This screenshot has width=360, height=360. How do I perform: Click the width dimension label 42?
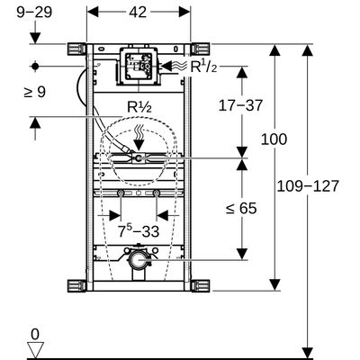click(138, 13)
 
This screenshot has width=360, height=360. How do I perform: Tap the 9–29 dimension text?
click(34, 13)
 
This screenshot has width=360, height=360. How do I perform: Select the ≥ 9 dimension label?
click(35, 92)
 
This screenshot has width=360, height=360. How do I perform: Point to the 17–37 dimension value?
click(240, 105)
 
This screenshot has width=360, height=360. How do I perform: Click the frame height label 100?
click(274, 139)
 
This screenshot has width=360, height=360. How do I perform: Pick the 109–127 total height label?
click(308, 186)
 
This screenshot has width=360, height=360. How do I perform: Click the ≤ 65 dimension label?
click(241, 208)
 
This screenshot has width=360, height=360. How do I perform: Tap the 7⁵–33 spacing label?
click(139, 231)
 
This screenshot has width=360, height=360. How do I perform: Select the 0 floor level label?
click(35, 334)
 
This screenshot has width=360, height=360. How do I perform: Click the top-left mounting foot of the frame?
click(76, 49)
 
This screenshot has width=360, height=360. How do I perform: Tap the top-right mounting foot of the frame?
click(201, 49)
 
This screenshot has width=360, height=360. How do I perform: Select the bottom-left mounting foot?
click(76, 286)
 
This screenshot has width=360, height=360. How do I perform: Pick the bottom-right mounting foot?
click(201, 286)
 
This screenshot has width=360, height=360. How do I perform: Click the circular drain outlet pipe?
click(138, 260)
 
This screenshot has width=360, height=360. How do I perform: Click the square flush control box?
click(139, 66)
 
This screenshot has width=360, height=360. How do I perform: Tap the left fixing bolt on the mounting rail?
click(121, 193)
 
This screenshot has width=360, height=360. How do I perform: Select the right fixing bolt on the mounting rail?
click(157, 193)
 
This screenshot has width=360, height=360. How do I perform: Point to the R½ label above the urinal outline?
click(139, 107)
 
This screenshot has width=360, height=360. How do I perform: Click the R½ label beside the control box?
click(203, 67)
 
